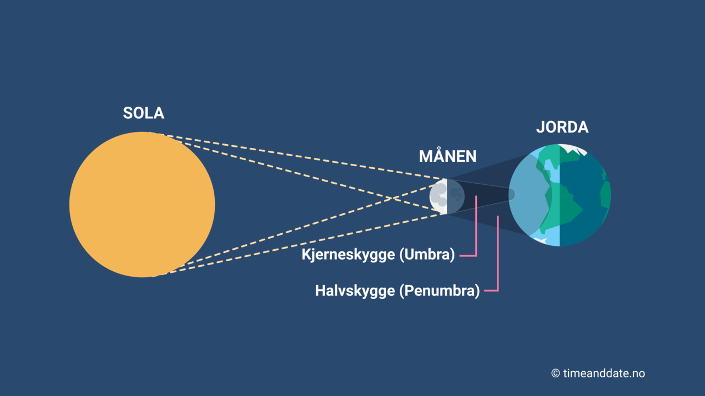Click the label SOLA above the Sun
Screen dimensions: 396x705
coord(143,113)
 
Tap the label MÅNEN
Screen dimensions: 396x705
coord(447,156)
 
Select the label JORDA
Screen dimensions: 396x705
coord(562,128)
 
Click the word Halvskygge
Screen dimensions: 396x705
coord(355,291)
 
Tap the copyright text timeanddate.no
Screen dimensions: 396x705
coord(604,373)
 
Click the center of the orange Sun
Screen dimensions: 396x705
coord(142,205)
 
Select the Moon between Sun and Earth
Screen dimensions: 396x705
coord(447,196)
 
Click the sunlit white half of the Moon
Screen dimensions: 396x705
coord(438,196)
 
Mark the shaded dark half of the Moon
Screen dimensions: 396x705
coord(456,196)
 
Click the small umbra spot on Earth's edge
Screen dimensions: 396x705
coord(512,195)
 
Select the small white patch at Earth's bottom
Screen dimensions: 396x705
coord(540,240)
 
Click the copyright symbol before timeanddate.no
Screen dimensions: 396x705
coord(555,373)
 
